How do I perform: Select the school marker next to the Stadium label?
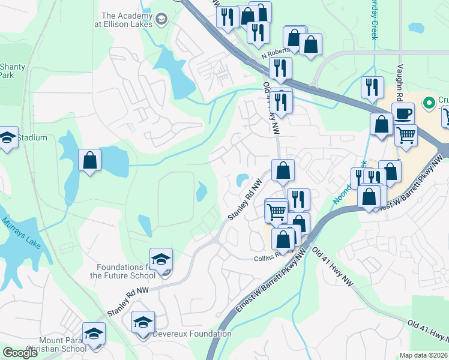click(x=8, y=137)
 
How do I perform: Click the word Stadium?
click(x=32, y=138)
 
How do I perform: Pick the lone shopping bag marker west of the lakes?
click(x=90, y=160)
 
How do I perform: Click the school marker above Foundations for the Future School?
click(x=161, y=259)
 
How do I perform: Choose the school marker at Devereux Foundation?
click(x=143, y=322)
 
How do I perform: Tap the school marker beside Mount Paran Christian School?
click(x=94, y=333)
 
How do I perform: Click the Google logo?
click(x=20, y=353)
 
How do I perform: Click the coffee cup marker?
click(x=403, y=113)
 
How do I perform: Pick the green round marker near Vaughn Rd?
click(x=429, y=103)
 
